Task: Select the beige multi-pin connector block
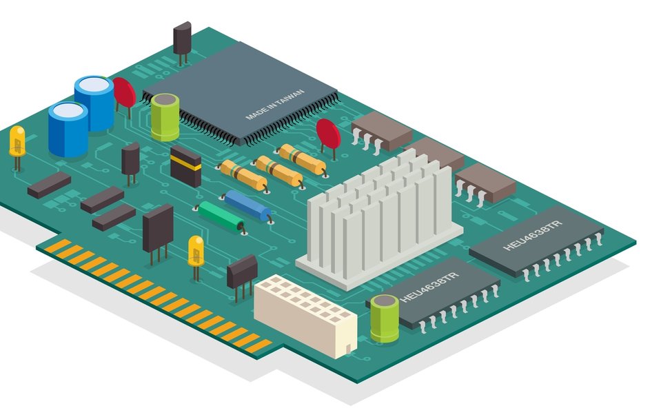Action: [x=304, y=314]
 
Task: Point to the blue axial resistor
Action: [x=247, y=205]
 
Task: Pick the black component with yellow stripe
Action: [x=185, y=165]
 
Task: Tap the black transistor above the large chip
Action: [x=182, y=37]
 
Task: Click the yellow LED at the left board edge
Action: [x=17, y=141]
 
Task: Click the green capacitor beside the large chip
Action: [x=165, y=116]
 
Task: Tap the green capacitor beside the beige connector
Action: [x=385, y=318]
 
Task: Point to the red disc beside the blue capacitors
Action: [x=125, y=92]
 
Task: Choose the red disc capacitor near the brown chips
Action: [x=328, y=134]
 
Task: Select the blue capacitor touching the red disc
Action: [x=94, y=103]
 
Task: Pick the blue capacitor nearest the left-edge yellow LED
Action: [x=68, y=128]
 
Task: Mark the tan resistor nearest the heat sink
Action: [x=301, y=159]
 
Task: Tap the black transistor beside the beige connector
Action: [x=242, y=269]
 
